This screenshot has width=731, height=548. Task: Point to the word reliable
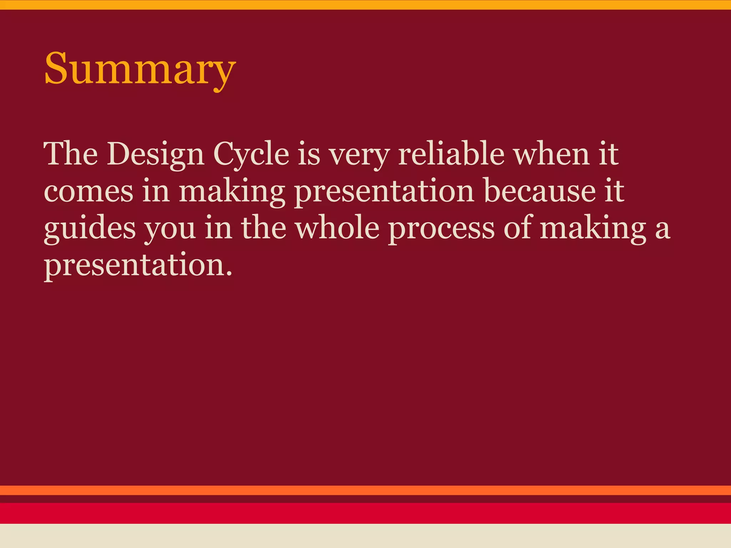(451, 154)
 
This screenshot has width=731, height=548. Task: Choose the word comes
(89, 192)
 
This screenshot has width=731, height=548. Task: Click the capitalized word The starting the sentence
(71, 154)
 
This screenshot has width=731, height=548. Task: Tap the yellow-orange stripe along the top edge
(365, 5)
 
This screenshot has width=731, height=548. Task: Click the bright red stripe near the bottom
(365, 513)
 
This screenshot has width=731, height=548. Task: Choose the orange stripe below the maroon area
(365, 490)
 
